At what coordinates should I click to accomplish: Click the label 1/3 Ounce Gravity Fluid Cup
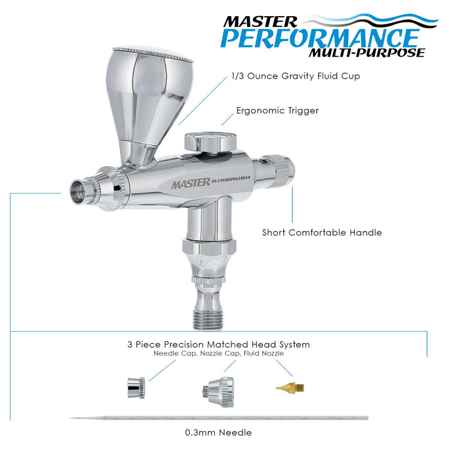[296, 76]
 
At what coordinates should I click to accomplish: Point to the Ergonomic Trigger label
[276, 110]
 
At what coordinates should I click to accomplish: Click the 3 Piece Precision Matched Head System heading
[219, 344]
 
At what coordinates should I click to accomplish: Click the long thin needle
[218, 418]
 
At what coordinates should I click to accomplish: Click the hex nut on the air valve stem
[210, 248]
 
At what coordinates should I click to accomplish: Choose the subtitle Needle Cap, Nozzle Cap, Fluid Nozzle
[219, 353]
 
